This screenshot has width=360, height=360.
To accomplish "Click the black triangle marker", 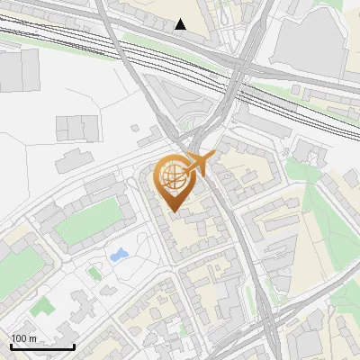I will pyautogui.click(x=181, y=24).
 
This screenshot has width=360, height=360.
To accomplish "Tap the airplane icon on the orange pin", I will pyautogui.click(x=200, y=162).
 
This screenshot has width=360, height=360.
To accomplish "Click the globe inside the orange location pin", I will pyautogui.click(x=173, y=176).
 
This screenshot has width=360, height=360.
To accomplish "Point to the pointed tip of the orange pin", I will pyautogui.click(x=173, y=212).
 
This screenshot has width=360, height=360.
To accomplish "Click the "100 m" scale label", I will pyautogui.click(x=23, y=338).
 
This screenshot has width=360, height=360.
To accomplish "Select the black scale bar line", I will pyautogui.click(x=42, y=346).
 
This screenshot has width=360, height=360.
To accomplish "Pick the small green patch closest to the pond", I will pyautogui.click(x=94, y=271).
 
